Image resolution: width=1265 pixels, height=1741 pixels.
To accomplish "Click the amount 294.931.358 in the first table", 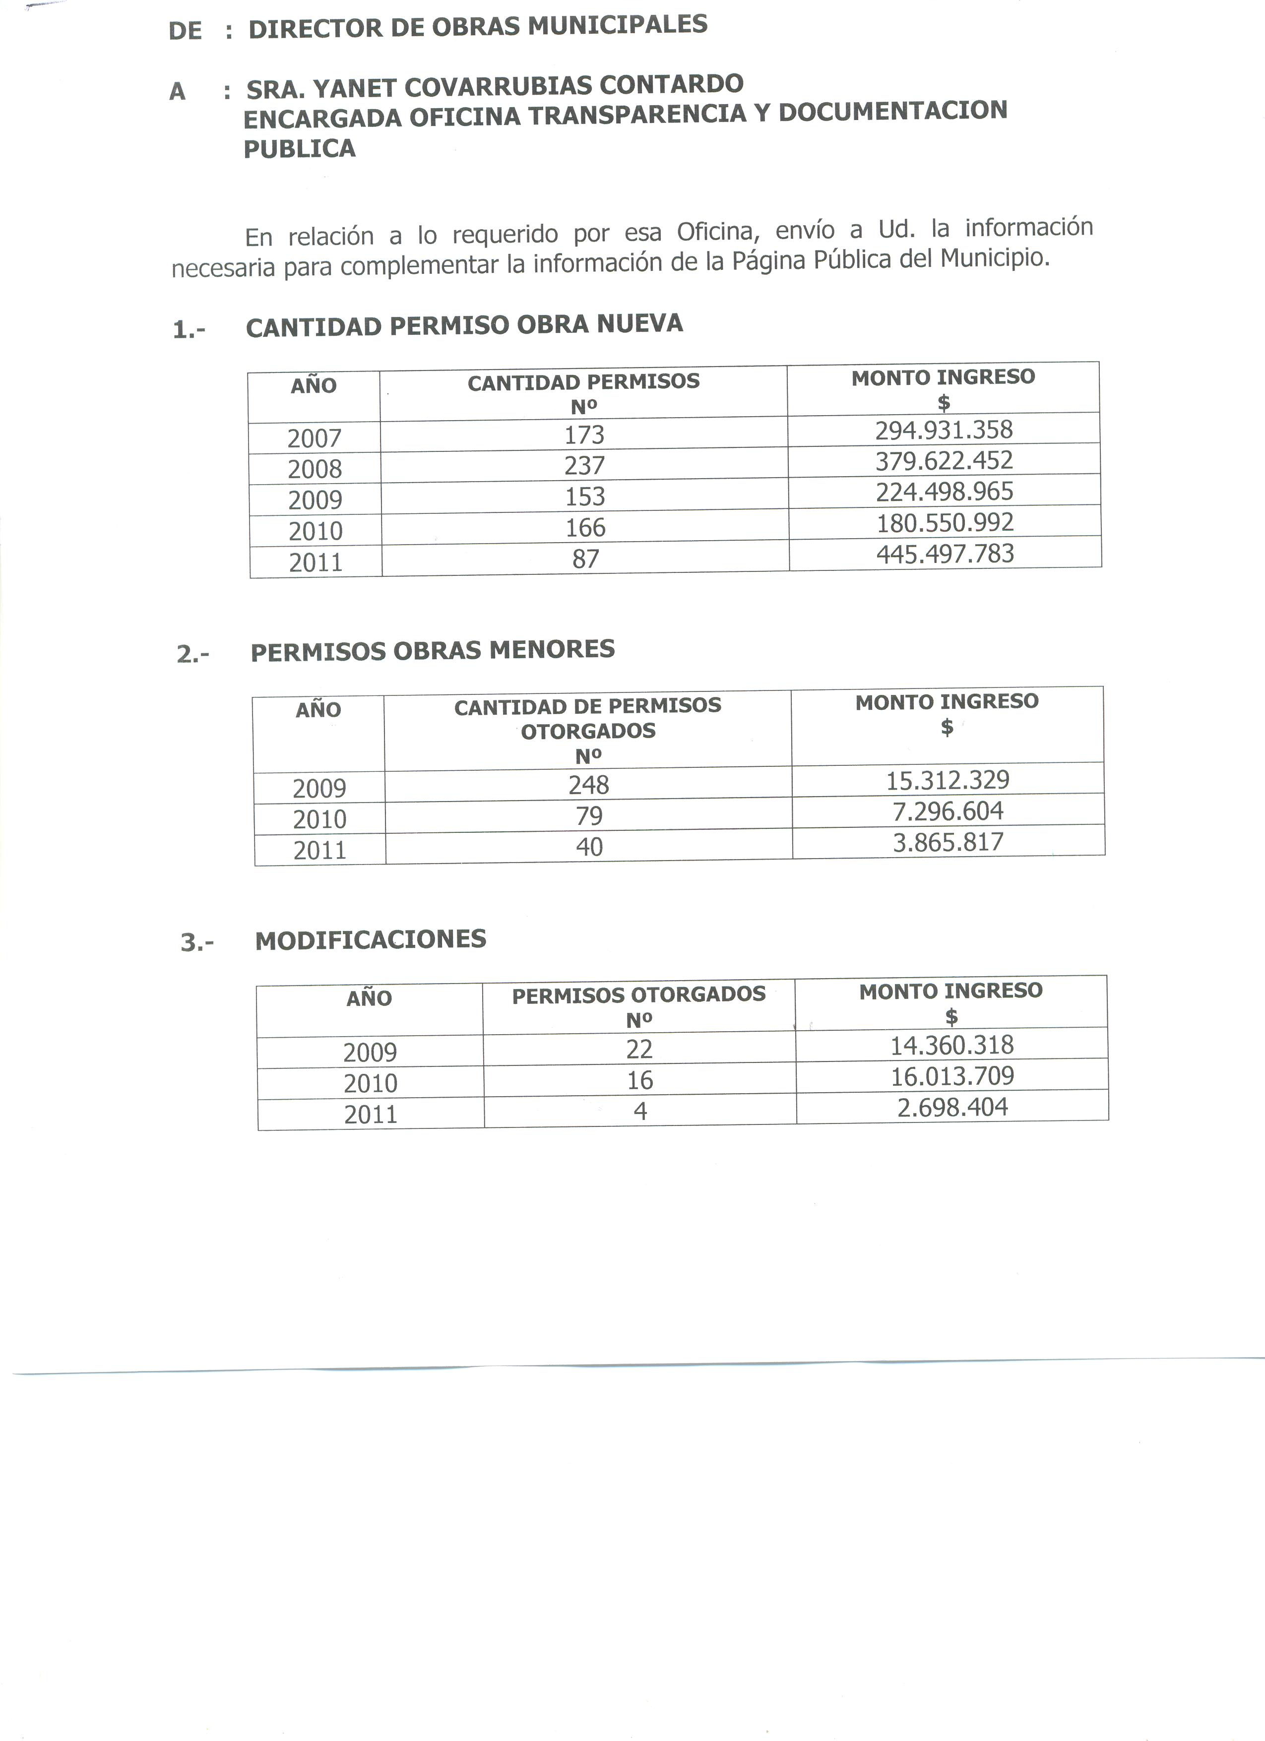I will (944, 430).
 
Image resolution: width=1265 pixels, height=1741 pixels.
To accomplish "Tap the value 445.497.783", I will (945, 554).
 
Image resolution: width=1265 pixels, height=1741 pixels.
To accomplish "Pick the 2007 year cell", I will (314, 438).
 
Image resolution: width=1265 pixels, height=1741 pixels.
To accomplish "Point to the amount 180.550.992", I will (945, 523).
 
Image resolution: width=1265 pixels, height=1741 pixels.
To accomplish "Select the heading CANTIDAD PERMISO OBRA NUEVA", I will (464, 325).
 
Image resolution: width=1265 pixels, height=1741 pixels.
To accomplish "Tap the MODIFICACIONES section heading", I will (371, 939).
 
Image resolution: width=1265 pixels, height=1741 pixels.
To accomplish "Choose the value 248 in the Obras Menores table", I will (589, 785).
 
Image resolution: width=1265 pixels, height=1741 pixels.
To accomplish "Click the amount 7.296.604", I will (948, 810).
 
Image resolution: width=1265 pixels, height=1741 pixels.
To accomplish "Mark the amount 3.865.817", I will (948, 842).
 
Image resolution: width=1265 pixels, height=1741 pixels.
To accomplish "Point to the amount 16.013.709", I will (952, 1076).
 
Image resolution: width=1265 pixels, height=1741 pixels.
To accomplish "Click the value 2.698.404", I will (952, 1107).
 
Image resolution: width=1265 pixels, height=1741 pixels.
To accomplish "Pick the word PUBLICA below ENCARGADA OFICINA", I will (299, 148).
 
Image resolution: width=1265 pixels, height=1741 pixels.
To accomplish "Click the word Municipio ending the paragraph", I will (994, 257).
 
